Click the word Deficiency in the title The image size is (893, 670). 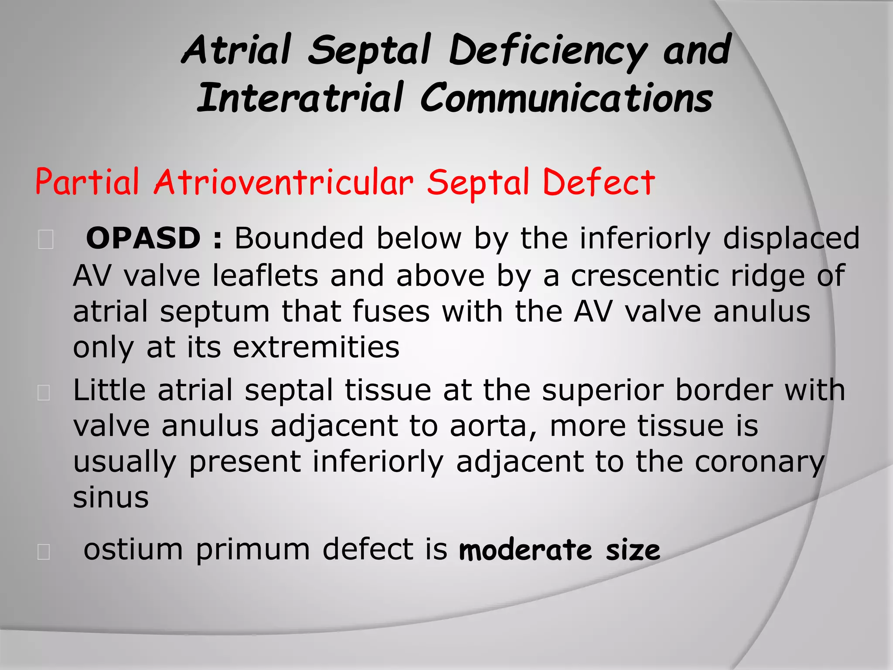click(547, 51)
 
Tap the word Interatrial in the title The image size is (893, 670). click(300, 98)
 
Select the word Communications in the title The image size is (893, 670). click(566, 98)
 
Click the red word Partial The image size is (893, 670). click(87, 182)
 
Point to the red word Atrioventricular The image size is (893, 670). click(283, 182)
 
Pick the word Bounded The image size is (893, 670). click(299, 239)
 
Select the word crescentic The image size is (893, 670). click(644, 276)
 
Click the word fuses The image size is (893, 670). click(391, 312)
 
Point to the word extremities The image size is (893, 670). click(316, 348)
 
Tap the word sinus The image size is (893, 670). click(111, 497)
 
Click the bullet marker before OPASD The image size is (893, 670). click(46, 240)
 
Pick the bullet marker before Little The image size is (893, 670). click(44, 392)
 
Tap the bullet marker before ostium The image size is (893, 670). click(44, 552)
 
